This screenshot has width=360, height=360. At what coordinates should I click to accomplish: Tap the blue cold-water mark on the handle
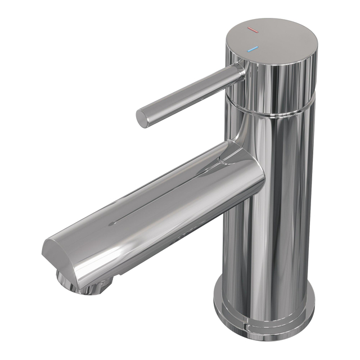(x=254, y=49)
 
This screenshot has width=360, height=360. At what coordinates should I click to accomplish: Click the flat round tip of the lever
(x=143, y=118)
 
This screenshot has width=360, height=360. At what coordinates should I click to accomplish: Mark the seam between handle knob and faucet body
(x=276, y=113)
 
